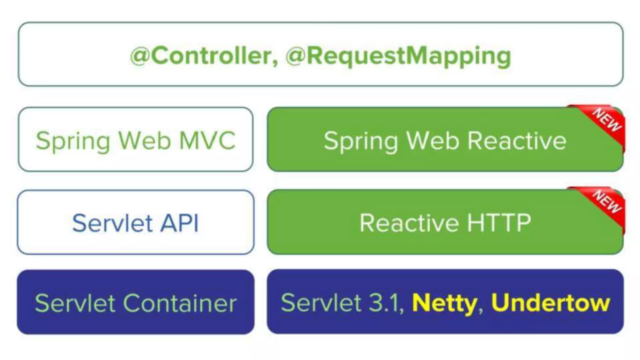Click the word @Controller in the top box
(x=203, y=56)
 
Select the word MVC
(x=207, y=141)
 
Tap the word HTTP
(x=499, y=223)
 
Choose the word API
(x=179, y=223)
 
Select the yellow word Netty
(x=444, y=303)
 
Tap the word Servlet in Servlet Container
(x=75, y=303)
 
